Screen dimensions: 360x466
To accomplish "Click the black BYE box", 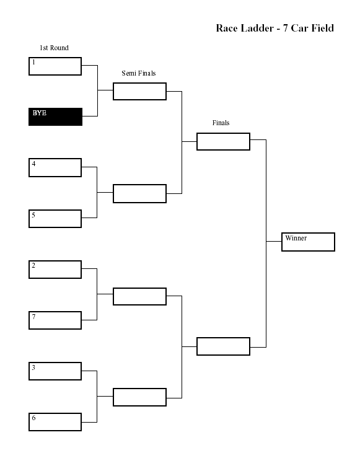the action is (x=55, y=116).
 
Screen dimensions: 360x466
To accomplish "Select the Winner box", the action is (x=309, y=242).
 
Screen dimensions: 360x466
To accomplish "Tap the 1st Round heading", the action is (x=54, y=48).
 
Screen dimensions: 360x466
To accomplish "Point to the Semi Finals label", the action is (x=139, y=73).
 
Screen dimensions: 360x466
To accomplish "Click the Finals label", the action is (x=221, y=123).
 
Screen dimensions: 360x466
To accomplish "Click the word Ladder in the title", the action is (x=257, y=28).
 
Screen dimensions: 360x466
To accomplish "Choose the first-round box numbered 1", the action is (x=55, y=66).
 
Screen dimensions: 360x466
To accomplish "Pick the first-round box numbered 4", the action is (x=55, y=167).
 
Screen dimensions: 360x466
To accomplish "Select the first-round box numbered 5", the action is (x=55, y=219).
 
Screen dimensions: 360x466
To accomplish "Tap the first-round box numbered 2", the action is (x=55, y=270).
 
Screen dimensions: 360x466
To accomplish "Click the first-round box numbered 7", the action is (x=55, y=320).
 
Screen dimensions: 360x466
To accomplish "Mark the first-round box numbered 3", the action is (x=55, y=371).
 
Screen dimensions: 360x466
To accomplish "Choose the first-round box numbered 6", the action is (x=55, y=422).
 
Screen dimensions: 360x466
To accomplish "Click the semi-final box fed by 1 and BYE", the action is (x=139, y=91).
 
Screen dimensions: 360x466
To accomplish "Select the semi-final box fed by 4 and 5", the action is (x=139, y=193).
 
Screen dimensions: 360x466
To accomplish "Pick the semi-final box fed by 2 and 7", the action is (x=139, y=296).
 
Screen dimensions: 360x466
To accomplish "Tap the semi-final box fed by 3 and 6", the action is (x=139, y=397).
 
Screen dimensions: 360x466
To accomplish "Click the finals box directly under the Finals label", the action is (x=223, y=141).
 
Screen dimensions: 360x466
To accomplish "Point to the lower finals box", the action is (x=223, y=346).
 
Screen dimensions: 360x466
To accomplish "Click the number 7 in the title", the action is (x=286, y=28).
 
